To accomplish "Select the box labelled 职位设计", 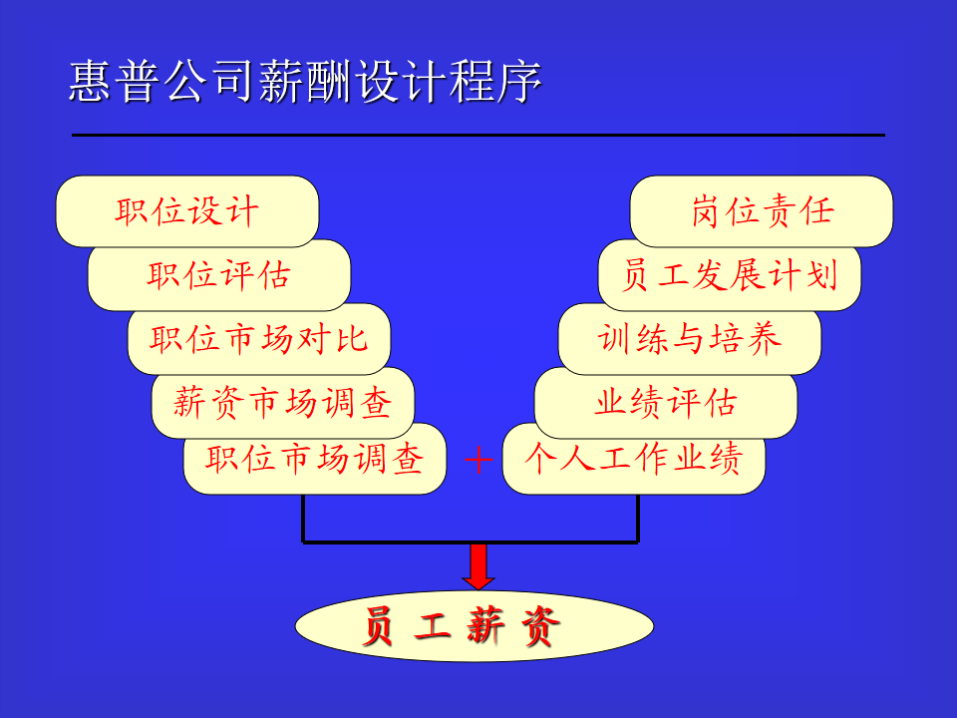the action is [x=187, y=211].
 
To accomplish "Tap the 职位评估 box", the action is [x=219, y=275].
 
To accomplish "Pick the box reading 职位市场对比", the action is [x=259, y=339].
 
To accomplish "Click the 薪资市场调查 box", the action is [x=282, y=402].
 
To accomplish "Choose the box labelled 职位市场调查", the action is [x=315, y=459].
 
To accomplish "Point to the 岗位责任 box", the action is [x=762, y=211].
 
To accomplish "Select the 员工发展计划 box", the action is [x=730, y=275].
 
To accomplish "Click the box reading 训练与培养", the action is [x=690, y=339].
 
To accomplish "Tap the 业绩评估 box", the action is [x=666, y=402].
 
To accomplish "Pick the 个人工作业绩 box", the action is [x=634, y=459].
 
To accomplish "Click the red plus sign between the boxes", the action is [x=479, y=459].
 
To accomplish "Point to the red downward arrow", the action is [x=478, y=566].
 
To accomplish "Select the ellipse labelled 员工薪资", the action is [x=475, y=626].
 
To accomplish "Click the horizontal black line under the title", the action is [x=478, y=135].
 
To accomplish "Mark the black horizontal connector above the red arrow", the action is [x=471, y=541].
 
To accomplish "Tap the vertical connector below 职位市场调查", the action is [x=303, y=519].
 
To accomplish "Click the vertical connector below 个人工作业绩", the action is [x=638, y=519].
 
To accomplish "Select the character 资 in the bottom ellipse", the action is [x=540, y=626].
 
